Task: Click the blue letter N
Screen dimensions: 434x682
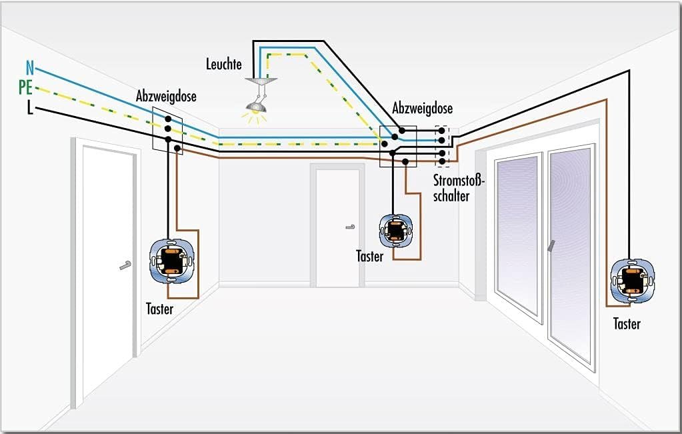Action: click(x=29, y=67)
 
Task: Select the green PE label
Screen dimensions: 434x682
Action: click(x=25, y=87)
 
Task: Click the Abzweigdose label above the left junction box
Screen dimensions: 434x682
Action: click(x=166, y=97)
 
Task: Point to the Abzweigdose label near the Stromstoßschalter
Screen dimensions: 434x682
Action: click(x=423, y=109)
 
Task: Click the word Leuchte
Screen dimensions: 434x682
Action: click(x=223, y=65)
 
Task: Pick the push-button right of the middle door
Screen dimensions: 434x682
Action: click(x=396, y=231)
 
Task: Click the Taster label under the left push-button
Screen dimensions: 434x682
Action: click(x=159, y=309)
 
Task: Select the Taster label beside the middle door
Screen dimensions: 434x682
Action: click(x=369, y=257)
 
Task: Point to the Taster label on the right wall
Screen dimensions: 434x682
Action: click(x=627, y=325)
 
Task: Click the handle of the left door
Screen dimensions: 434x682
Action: click(x=125, y=266)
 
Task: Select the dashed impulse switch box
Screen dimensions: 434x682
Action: click(x=441, y=144)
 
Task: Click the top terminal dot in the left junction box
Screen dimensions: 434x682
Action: click(x=167, y=117)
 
